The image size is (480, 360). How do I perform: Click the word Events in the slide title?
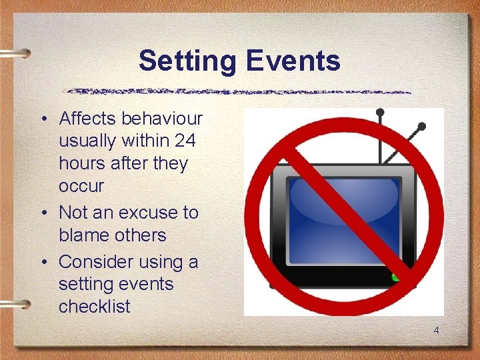coord(293,61)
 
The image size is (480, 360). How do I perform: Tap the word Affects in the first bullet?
coord(87,119)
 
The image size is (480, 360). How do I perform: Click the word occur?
coord(81,187)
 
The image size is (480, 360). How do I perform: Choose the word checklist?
coord(95,307)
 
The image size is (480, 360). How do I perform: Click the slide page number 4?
coord(436,331)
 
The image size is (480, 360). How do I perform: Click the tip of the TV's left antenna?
coord(379,111)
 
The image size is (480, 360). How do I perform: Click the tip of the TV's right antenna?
coord(421,125)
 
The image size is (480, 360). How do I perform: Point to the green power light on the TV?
coord(397,275)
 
